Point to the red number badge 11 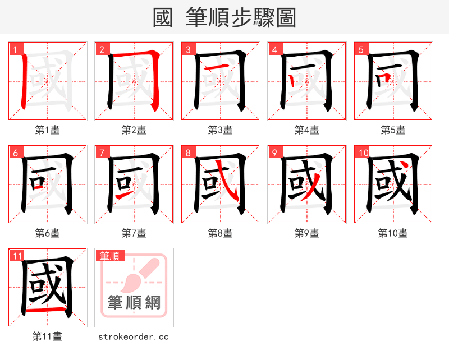(17, 256)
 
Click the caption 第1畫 (48, 130)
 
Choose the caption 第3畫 (221, 130)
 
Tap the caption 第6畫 (48, 233)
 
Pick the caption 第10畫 (393, 233)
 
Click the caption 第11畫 (48, 336)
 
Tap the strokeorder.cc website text (134, 336)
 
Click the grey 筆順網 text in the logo (134, 303)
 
